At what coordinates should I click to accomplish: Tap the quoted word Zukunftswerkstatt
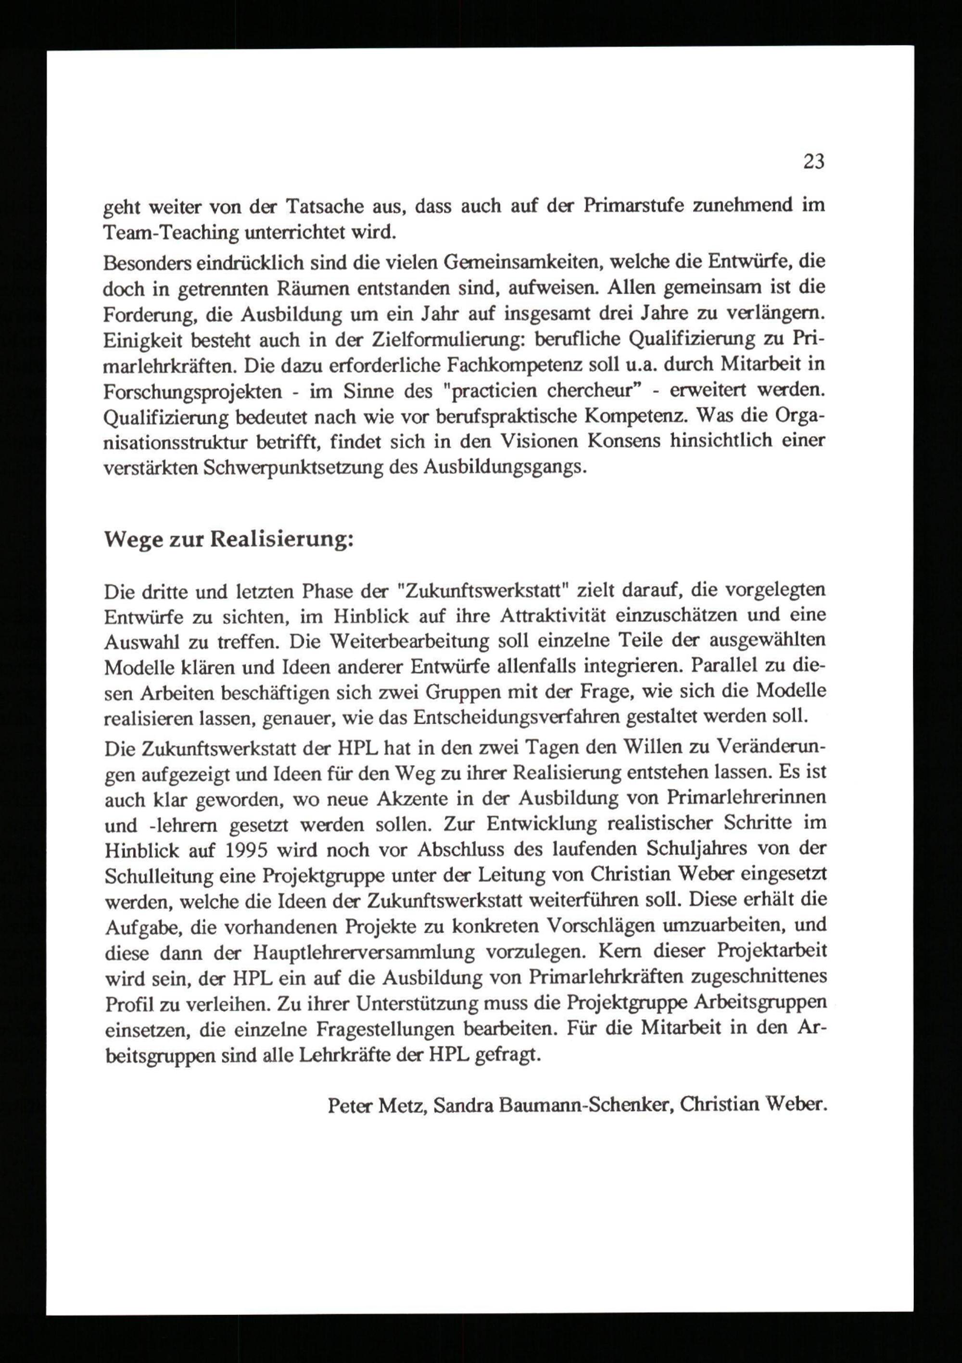click(486, 592)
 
